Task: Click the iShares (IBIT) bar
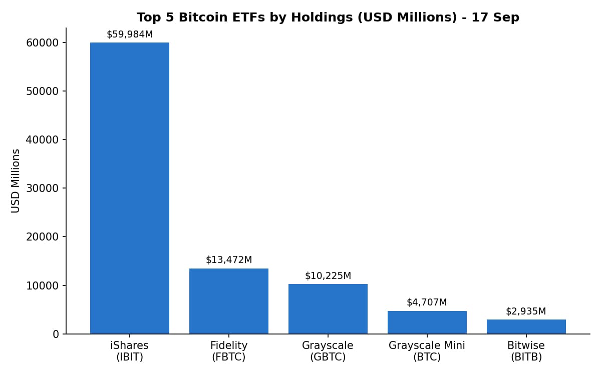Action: point(130,188)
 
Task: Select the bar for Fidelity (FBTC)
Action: point(229,301)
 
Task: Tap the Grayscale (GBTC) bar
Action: point(328,309)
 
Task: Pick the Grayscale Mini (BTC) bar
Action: point(427,322)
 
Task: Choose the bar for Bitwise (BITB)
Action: point(526,327)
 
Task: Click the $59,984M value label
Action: point(130,34)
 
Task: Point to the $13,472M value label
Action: point(229,260)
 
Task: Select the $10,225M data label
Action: point(328,275)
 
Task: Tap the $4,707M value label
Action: point(427,302)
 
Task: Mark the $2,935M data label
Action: point(526,311)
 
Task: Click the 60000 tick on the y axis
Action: point(43,43)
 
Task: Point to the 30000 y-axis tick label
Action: point(43,188)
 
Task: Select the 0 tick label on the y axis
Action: point(56,334)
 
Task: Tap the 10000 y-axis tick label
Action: point(43,286)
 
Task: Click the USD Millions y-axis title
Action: point(16,181)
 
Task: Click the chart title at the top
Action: point(328,17)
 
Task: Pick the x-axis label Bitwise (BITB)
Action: point(526,351)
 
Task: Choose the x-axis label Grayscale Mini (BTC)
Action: point(427,351)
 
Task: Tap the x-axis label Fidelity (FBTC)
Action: point(229,351)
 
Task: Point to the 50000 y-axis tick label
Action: point(43,91)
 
